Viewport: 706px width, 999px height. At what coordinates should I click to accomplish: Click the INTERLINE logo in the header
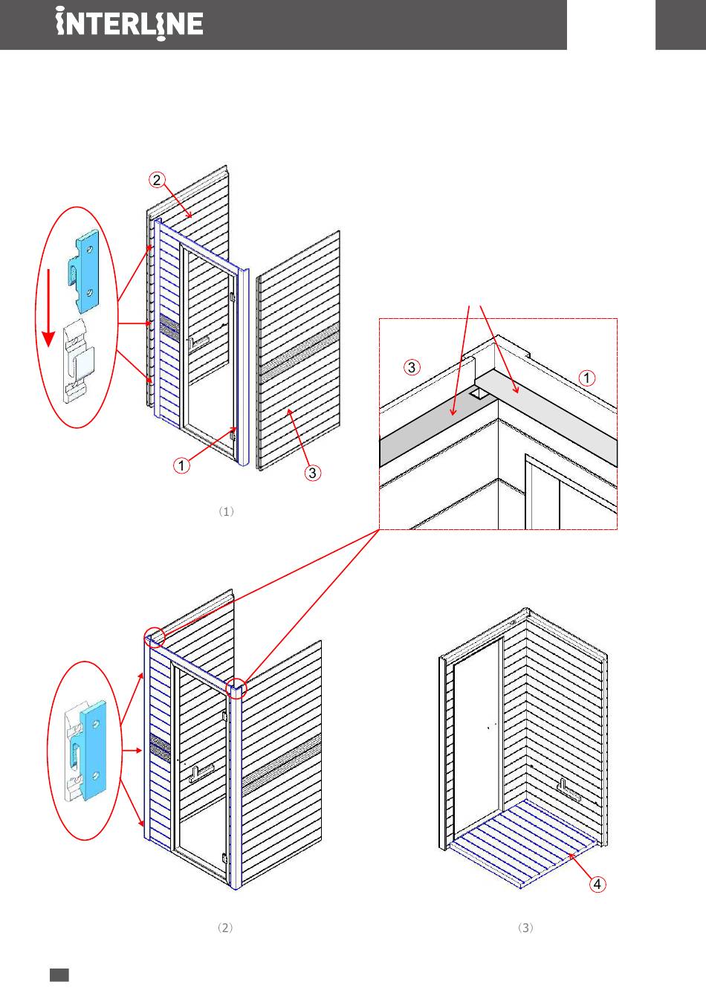tap(129, 25)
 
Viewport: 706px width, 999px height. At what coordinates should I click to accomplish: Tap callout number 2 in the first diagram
tap(156, 180)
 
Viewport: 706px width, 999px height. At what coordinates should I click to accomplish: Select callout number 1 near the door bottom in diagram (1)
tap(181, 466)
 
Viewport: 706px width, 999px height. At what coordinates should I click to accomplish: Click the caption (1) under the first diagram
tap(227, 511)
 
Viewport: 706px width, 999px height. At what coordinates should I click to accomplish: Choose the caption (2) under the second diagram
tap(225, 928)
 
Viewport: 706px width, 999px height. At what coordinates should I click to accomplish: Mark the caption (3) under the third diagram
tap(525, 928)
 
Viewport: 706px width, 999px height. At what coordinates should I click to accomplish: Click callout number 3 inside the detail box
tap(413, 366)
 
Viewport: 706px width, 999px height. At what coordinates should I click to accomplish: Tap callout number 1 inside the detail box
tap(587, 378)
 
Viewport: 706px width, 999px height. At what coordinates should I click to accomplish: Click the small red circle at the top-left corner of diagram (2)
tap(153, 636)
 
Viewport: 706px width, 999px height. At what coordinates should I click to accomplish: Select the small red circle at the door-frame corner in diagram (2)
tap(238, 688)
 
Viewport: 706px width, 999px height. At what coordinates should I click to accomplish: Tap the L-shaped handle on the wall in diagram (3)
tap(569, 789)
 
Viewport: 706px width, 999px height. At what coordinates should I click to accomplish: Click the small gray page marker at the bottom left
tap(59, 974)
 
